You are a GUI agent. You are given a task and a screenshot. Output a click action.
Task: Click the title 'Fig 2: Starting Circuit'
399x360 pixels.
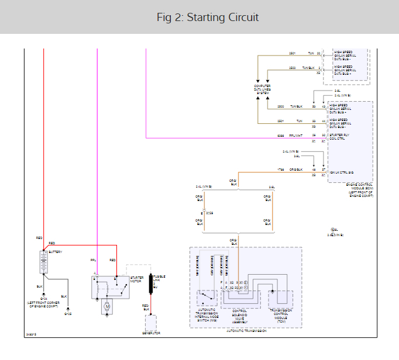(x=199, y=17)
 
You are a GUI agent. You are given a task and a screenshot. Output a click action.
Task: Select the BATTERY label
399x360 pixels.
(x=56, y=252)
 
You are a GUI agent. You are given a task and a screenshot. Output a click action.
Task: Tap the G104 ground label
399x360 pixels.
(x=43, y=299)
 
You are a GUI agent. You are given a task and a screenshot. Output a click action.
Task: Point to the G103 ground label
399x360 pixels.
(x=68, y=314)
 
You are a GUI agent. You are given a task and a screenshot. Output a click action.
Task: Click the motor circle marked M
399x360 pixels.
(x=107, y=305)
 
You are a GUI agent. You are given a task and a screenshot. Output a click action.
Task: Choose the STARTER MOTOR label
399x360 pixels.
(x=136, y=280)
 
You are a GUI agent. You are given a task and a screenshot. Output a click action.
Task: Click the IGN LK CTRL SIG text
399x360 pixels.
(x=342, y=172)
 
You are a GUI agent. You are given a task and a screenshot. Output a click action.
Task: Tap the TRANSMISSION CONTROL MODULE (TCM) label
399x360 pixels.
(x=280, y=316)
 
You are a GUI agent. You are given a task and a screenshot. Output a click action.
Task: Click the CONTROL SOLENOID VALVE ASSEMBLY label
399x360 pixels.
(x=240, y=316)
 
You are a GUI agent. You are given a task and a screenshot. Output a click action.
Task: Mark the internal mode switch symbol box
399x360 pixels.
(x=206, y=297)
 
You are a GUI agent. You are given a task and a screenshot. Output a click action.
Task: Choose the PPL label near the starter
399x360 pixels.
(x=92, y=259)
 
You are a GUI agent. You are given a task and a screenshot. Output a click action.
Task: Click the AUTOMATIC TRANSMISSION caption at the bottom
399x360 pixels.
(x=246, y=331)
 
